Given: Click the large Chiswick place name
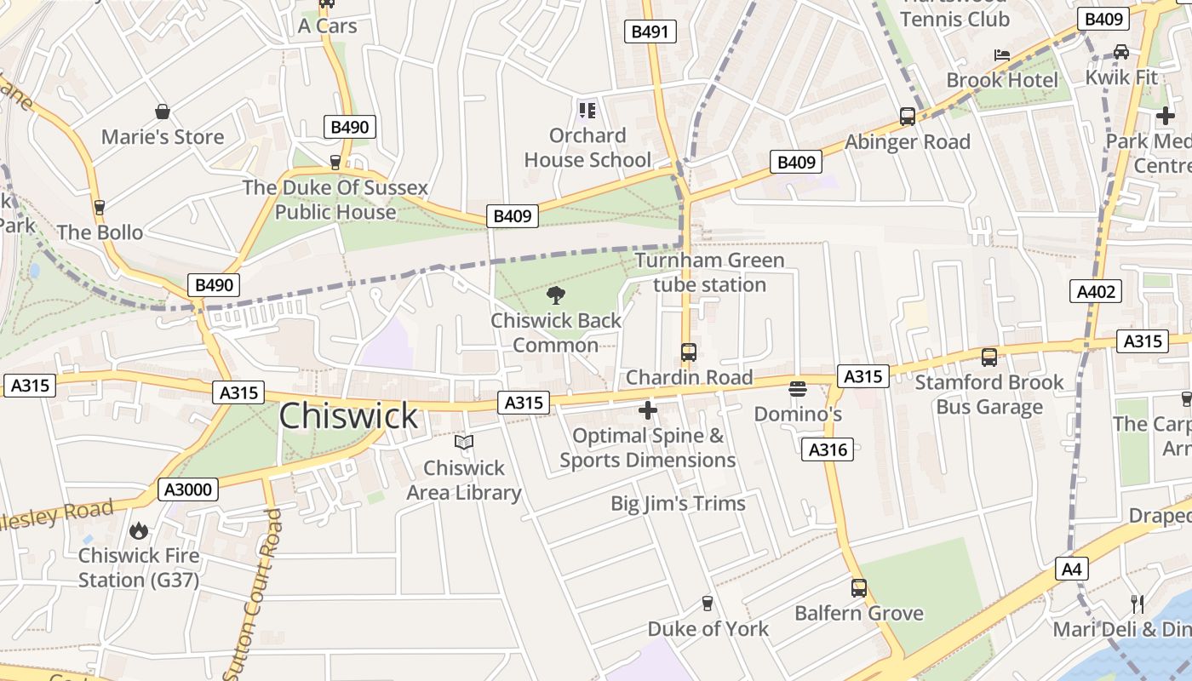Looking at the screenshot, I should click(x=348, y=416).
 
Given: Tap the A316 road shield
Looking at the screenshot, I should click(x=827, y=449).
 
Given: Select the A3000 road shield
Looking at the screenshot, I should click(x=188, y=489).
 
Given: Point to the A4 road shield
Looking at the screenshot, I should click(x=1072, y=569).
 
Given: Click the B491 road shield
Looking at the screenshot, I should click(x=650, y=32).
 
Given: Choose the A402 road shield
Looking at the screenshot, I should click(x=1096, y=292).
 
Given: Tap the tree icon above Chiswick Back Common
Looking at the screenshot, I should click(x=556, y=295).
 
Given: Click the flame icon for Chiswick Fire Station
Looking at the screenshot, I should click(x=138, y=531).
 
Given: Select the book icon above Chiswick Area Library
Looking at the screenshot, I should click(x=463, y=443).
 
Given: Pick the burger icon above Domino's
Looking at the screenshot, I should click(x=798, y=389).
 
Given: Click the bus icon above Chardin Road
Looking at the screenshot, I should click(x=689, y=352).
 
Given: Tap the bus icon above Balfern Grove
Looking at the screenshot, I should click(x=859, y=587).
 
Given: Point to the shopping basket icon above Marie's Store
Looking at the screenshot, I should click(x=163, y=112).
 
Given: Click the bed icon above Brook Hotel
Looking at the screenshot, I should click(x=1002, y=55).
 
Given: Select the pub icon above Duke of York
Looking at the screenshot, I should click(x=707, y=604).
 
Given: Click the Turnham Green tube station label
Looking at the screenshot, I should click(x=709, y=272).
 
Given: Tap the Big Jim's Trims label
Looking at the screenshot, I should click(x=678, y=503).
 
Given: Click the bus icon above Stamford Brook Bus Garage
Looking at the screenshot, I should click(x=989, y=358).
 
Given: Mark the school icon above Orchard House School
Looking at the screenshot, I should click(x=587, y=110).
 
